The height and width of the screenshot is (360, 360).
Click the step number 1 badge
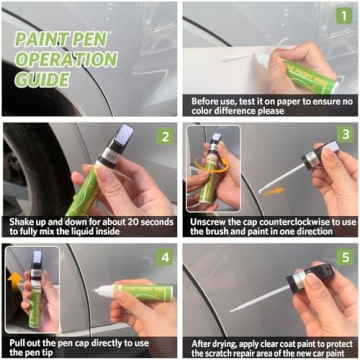tap(344, 15)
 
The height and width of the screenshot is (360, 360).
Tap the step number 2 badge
tap(162, 137)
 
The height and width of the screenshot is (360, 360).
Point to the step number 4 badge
tap(162, 257)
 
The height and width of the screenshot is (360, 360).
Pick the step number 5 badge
tap(344, 257)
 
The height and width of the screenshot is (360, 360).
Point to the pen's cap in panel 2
tap(121, 143)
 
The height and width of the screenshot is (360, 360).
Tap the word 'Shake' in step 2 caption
tap(20, 219)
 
